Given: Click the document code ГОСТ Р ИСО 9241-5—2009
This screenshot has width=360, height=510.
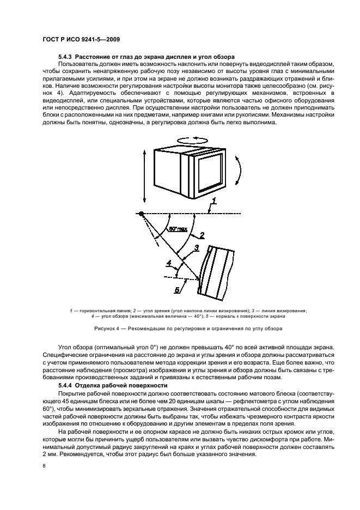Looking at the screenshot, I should point(82,40).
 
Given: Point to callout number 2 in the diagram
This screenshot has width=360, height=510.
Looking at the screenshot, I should point(202,235).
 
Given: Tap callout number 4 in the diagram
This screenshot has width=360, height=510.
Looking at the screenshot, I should point(169,263).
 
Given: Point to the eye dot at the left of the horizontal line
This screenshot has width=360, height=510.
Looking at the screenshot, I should point(141,213).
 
